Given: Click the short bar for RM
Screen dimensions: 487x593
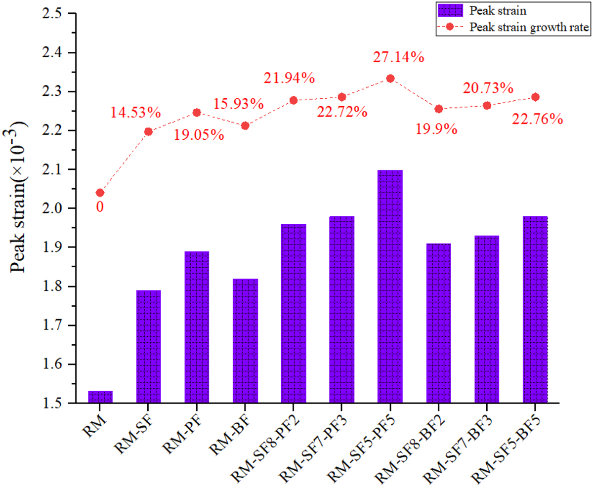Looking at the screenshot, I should (x=100, y=397).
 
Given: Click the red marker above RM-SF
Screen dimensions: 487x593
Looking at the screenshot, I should (x=148, y=131).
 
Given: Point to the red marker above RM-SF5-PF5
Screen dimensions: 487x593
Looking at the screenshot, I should (x=390, y=79).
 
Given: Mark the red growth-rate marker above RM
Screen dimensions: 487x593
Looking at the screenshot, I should (x=100, y=193).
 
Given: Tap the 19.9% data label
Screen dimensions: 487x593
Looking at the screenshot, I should (x=435, y=129).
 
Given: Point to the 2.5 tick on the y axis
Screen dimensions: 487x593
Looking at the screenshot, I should (x=49, y=14).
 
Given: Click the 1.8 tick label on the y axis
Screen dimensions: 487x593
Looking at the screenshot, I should (x=49, y=286).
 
